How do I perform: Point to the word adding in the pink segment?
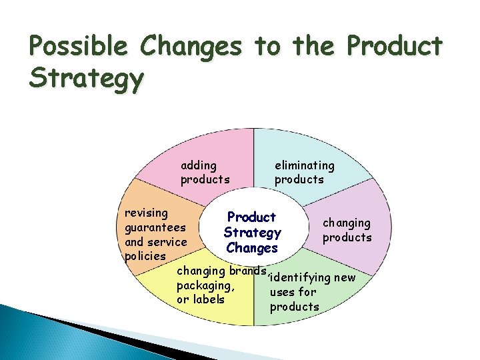pyautogui.click(x=199, y=165)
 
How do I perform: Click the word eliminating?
pyautogui.click(x=305, y=165)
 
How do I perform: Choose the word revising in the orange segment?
pyautogui.click(x=147, y=213)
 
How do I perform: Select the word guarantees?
pyautogui.click(x=155, y=227)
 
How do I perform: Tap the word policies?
pyautogui.click(x=145, y=256)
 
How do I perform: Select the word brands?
pyautogui.click(x=247, y=271)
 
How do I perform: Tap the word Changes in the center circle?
pyautogui.click(x=252, y=248)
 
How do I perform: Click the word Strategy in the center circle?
pyautogui.click(x=252, y=233)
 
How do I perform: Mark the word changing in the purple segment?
pyautogui.click(x=347, y=223)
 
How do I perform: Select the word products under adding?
pyautogui.click(x=205, y=179)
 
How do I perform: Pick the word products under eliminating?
pyautogui.click(x=299, y=179)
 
